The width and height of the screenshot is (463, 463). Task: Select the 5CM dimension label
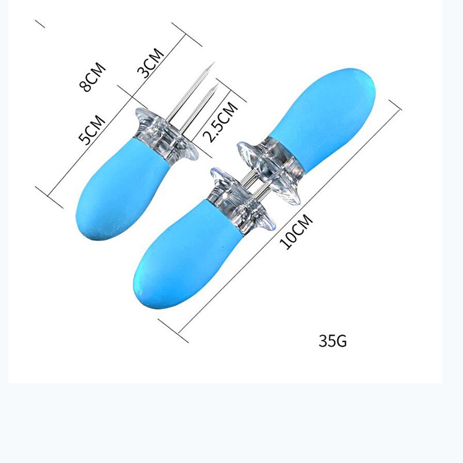click(x=92, y=129)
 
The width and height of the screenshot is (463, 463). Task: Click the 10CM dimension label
click(x=296, y=231)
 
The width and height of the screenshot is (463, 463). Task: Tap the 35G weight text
click(x=333, y=340)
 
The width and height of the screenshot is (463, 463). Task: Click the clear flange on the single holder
click(x=168, y=134)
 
